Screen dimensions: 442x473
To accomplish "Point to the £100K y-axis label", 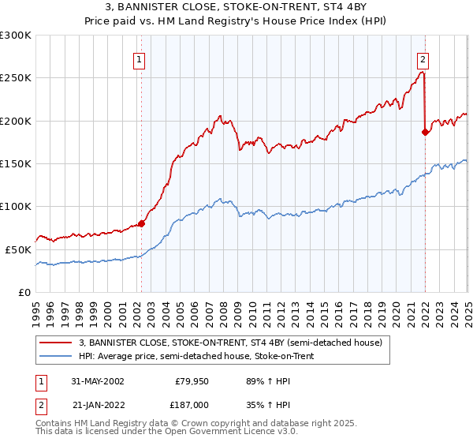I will [16, 206].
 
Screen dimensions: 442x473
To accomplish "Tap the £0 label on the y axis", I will [24, 292].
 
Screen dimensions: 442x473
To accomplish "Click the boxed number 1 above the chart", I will [139, 58].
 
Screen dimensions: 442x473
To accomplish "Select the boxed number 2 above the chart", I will [423, 58].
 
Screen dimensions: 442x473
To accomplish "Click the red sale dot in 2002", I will [142, 223].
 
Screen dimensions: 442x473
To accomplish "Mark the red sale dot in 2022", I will [425, 132].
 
